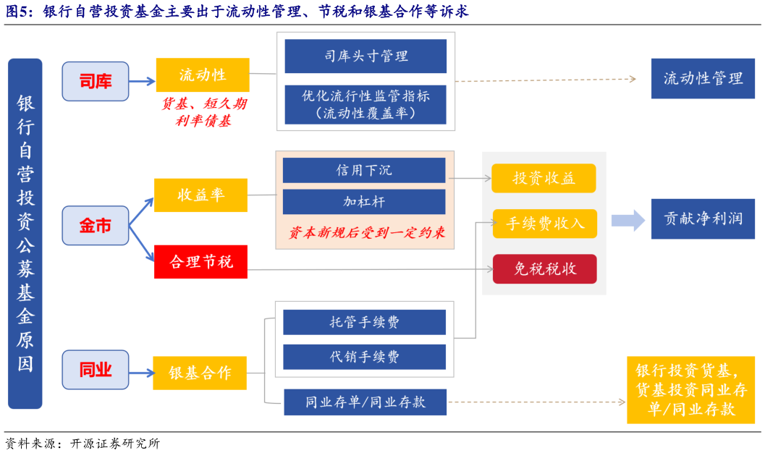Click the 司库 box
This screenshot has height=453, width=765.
(x=95, y=81)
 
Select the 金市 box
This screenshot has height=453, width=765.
(x=95, y=225)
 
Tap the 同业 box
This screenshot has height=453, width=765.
(x=95, y=370)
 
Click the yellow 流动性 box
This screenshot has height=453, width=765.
(x=203, y=75)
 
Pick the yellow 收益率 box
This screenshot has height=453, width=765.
(x=200, y=195)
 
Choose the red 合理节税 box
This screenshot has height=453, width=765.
(x=200, y=262)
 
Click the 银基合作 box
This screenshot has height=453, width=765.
(x=200, y=373)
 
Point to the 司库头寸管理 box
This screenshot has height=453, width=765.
(x=365, y=56)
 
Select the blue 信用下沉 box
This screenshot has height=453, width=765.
(x=363, y=170)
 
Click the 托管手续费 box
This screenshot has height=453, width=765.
(x=363, y=323)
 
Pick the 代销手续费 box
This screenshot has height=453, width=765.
(x=363, y=357)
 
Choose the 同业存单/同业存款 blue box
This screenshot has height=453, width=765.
(x=365, y=402)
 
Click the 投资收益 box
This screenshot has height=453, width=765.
(x=544, y=179)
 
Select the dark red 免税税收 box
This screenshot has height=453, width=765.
(x=544, y=269)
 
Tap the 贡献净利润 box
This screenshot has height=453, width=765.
(x=703, y=219)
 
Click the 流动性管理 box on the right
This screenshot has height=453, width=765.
(x=703, y=79)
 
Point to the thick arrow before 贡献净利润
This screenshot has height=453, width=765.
(x=627, y=220)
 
